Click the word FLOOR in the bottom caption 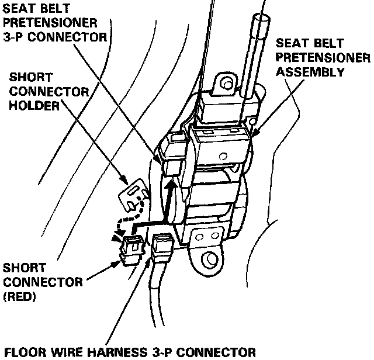(x=21, y=352)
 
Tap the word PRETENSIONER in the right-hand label (x=323, y=58)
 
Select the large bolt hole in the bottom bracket (x=207, y=259)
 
